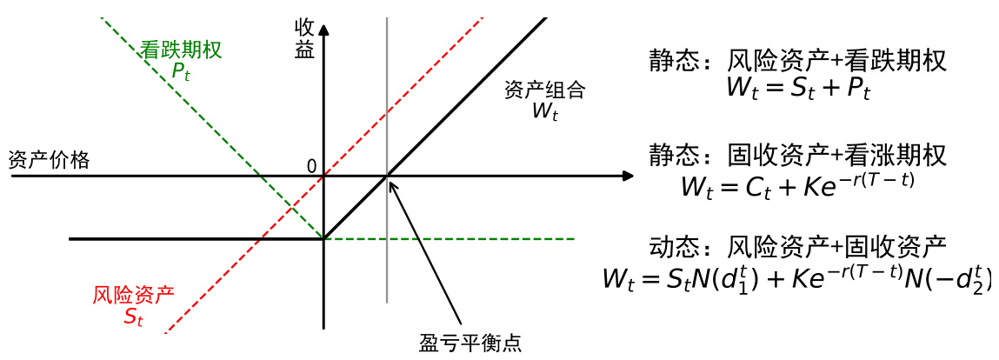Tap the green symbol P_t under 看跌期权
(180, 71)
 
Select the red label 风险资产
(133, 294)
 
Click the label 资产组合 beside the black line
(544, 90)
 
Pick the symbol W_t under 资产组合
(544, 110)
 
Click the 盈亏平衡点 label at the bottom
(470, 343)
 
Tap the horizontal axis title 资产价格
(49, 160)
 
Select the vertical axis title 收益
(304, 37)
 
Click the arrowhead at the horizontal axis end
(628, 177)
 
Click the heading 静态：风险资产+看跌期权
(797, 60)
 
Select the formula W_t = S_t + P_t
(797, 89)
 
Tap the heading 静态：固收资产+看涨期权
(797, 156)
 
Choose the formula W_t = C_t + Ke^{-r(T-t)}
(797, 183)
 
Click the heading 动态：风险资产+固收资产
(797, 248)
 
